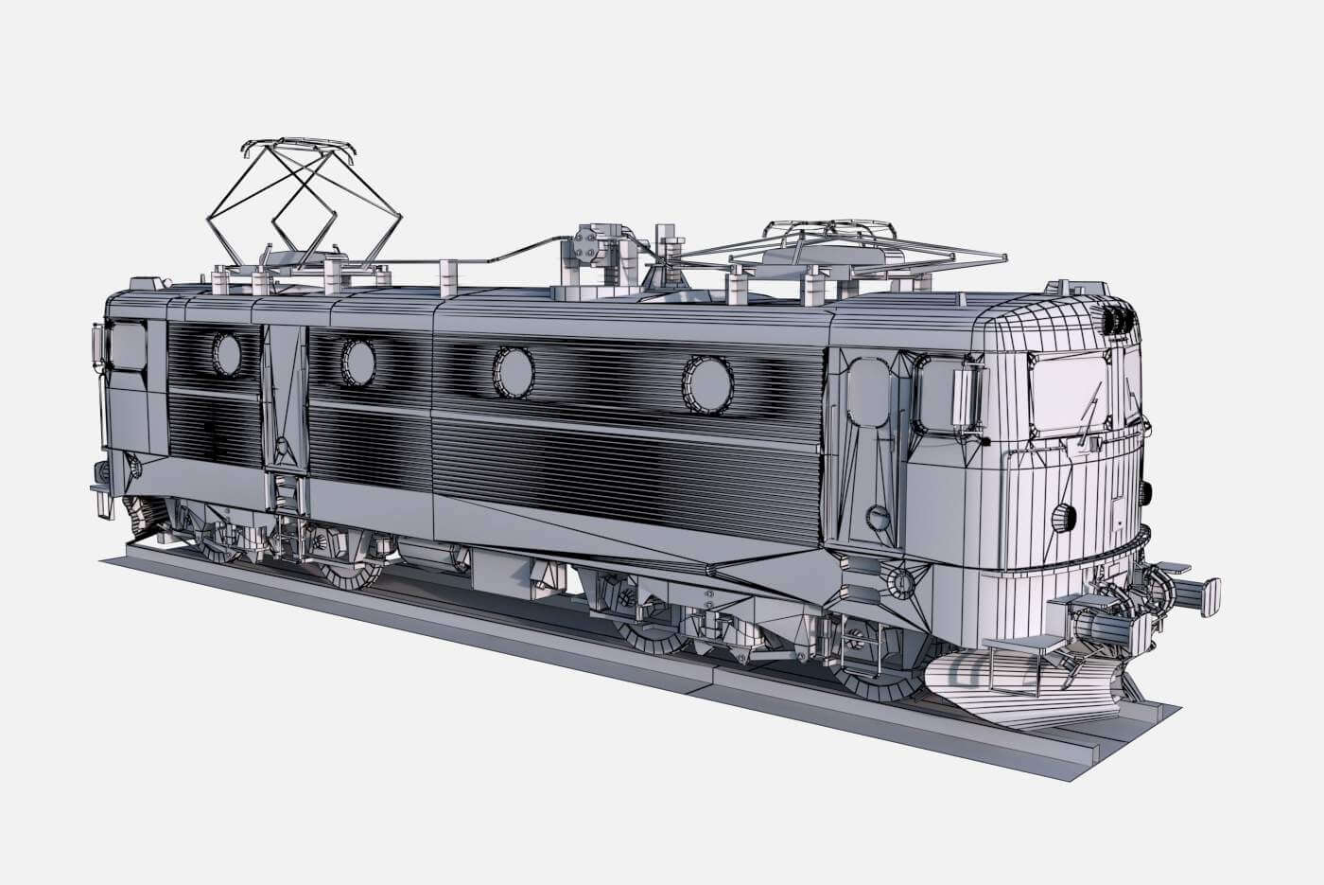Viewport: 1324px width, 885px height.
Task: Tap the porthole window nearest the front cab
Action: pyautogui.click(x=707, y=384)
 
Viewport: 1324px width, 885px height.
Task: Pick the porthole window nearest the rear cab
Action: pyautogui.click(x=227, y=354)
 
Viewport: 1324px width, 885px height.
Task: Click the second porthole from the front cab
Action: pyautogui.click(x=514, y=371)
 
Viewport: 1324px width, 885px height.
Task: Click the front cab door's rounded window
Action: pyautogui.click(x=867, y=390)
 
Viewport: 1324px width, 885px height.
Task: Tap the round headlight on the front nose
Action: pyautogui.click(x=1066, y=516)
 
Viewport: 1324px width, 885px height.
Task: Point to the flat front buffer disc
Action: pyautogui.click(x=1210, y=596)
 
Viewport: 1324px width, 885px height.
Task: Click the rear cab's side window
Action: pyautogui.click(x=127, y=345)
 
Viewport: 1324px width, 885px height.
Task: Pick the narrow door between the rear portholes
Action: pyautogui.click(x=283, y=397)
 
